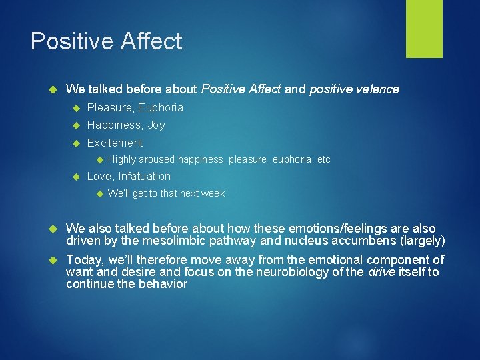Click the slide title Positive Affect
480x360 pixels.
click(x=107, y=41)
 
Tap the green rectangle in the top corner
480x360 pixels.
click(x=424, y=29)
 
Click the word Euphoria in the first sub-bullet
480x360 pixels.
click(x=161, y=107)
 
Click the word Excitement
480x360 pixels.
click(x=115, y=143)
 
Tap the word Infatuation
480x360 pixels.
click(x=145, y=176)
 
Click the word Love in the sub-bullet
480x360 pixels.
click(x=99, y=176)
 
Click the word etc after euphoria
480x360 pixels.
click(x=323, y=159)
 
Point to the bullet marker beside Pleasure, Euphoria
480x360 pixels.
click(x=77, y=108)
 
